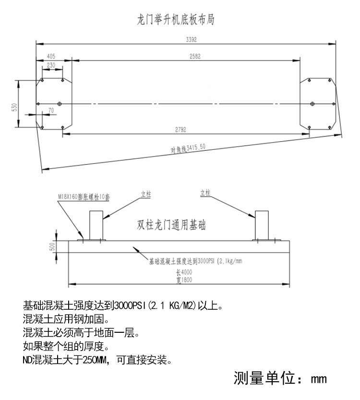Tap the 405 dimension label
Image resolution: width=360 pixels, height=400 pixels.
[51, 56]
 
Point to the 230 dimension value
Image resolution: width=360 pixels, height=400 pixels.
[51, 65]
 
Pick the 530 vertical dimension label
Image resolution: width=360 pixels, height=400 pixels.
[15, 107]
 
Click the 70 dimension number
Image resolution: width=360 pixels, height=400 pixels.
[51, 110]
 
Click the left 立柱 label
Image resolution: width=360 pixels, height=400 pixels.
[145, 194]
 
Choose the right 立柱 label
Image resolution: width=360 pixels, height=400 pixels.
[205, 193]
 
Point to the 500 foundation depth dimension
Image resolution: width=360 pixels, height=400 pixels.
[52, 246]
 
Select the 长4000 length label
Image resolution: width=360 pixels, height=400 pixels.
[180, 272]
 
